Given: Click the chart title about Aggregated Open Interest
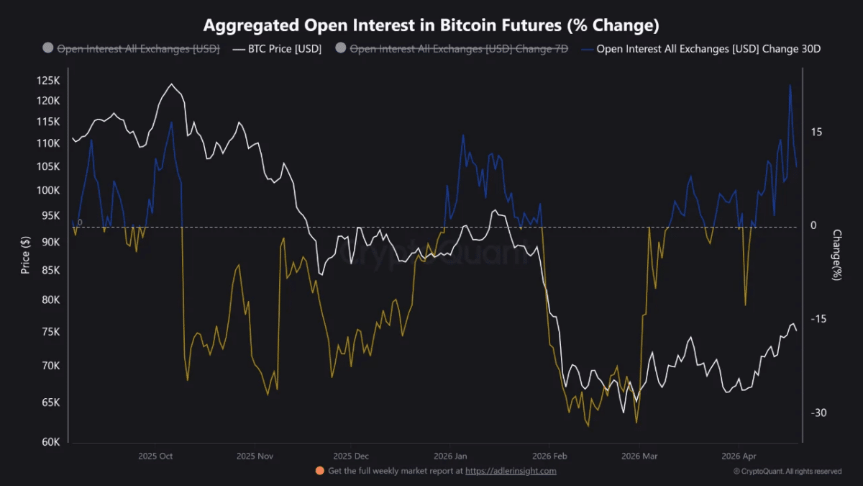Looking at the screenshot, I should pos(431,26).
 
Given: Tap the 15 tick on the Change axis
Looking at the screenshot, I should pos(816,132).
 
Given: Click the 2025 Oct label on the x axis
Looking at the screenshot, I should pos(155,456).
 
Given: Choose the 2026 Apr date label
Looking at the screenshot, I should pos(739,456).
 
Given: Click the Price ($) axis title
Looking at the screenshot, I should pos(26,256).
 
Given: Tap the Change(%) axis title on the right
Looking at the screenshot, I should pos(836,255).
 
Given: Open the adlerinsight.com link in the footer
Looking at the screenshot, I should pos(511,471).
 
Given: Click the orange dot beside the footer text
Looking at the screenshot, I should pos(319,471).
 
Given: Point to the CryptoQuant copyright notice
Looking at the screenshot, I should pos(787,472).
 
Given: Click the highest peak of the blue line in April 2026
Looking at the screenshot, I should pos(790,85).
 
